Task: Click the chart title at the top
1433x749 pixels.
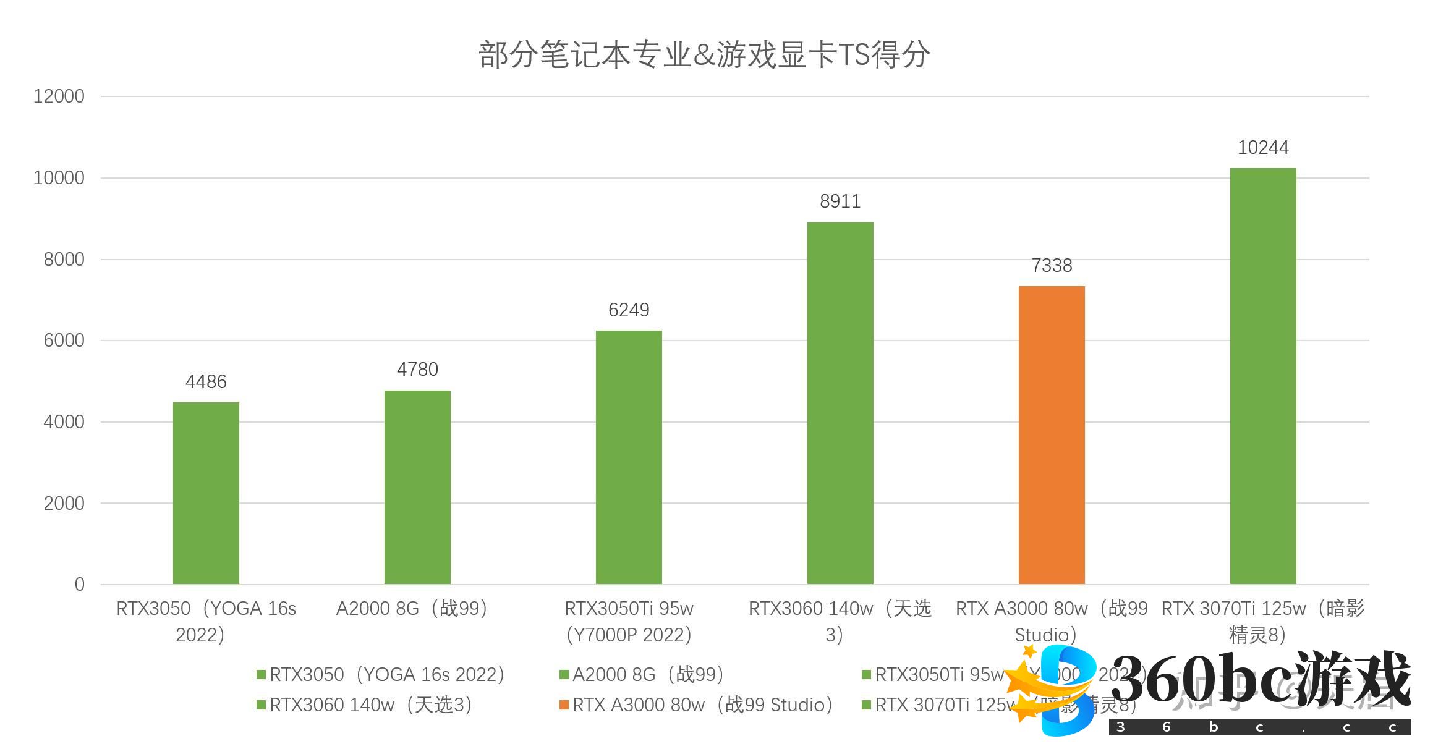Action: click(704, 54)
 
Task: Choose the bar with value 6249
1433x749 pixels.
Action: click(629, 457)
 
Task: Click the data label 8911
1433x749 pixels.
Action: click(840, 201)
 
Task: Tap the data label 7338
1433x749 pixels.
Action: click(1052, 266)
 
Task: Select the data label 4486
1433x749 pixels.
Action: click(206, 382)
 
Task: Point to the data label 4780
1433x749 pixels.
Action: click(417, 370)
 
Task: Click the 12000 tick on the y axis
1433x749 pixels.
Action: click(59, 96)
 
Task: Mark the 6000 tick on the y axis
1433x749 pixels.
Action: click(64, 341)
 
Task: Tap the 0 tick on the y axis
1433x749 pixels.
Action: click(79, 585)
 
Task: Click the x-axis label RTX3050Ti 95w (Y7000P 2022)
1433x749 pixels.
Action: click(629, 622)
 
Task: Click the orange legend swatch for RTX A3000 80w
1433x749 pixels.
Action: click(564, 705)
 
